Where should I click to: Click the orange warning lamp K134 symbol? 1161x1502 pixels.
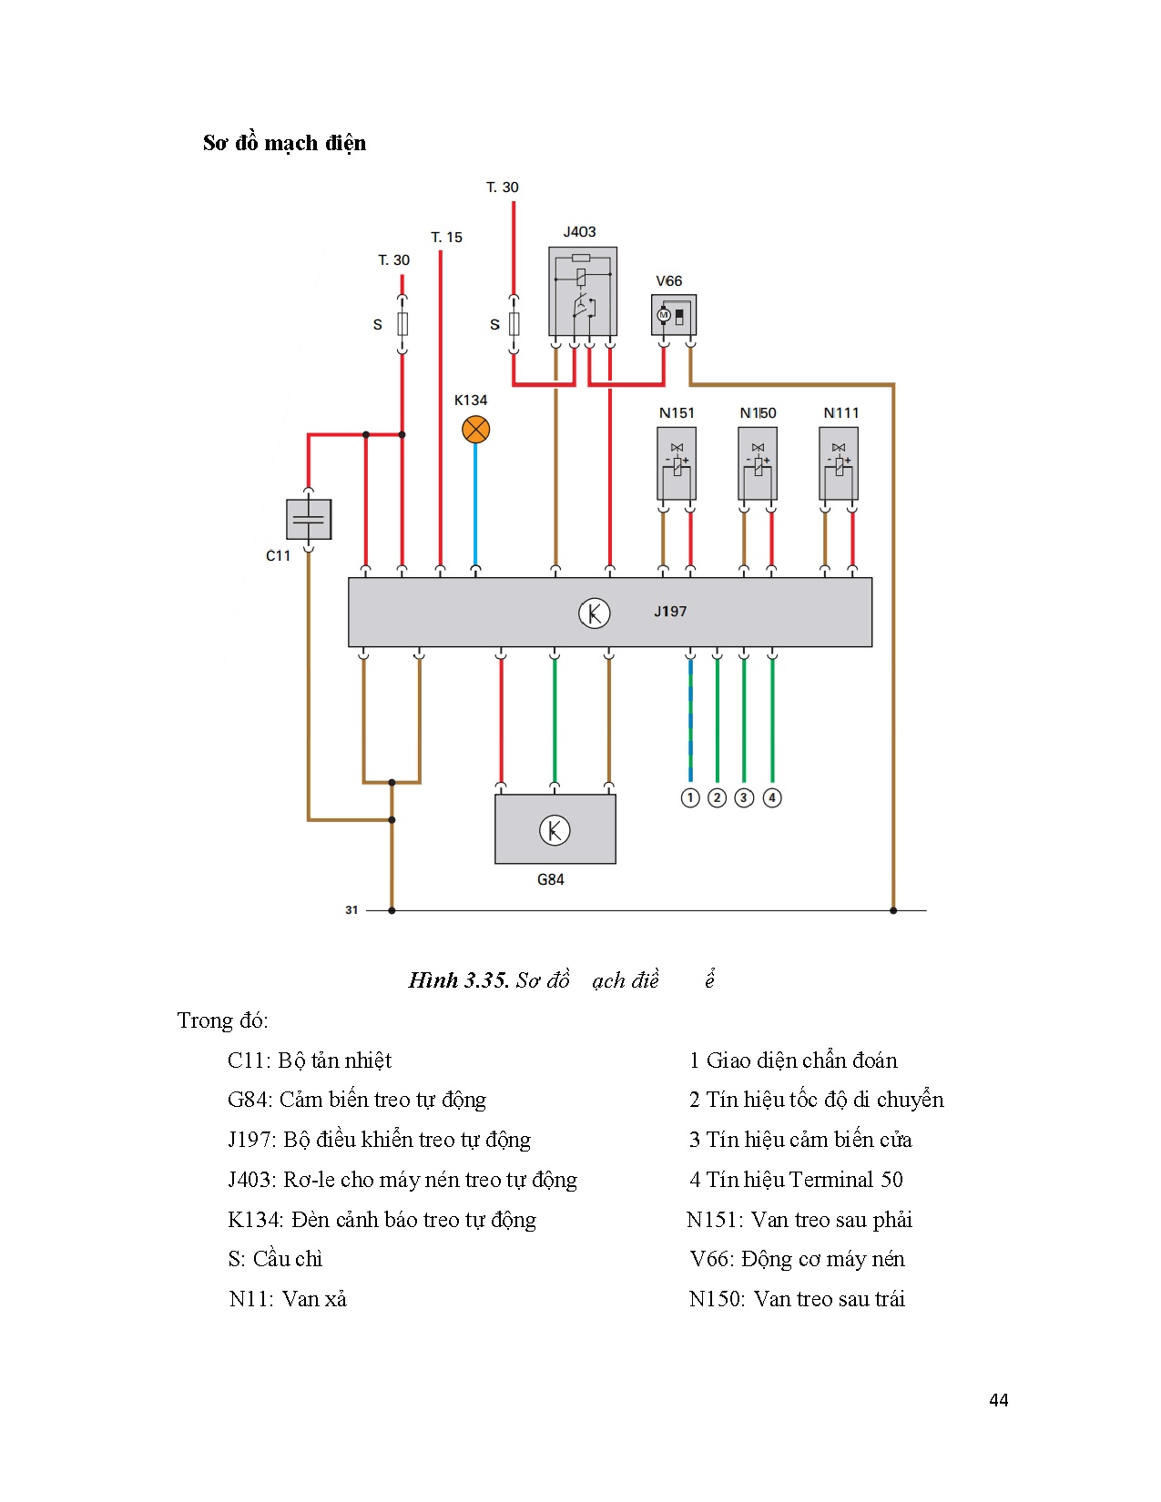475,430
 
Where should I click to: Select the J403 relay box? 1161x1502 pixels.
583,291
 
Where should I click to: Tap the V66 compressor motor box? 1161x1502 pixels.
674,315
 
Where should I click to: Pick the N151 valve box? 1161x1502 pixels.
677,463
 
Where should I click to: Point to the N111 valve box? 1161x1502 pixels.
839,463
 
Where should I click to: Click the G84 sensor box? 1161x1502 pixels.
555,829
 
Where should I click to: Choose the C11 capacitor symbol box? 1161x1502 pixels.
309,519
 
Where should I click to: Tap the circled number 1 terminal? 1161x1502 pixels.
690,798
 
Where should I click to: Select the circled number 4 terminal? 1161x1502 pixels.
772,798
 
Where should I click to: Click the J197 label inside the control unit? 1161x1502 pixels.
670,612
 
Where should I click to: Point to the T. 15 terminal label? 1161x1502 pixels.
446,238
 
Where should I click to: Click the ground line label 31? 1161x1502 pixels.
351,910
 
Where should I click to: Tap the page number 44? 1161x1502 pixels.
998,1400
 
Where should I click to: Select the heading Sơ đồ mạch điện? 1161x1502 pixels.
284,143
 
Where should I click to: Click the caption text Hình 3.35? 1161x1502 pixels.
458,980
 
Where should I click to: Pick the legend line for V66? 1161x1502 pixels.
797,1259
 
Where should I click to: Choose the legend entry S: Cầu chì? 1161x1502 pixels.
275,1259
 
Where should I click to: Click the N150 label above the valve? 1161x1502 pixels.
758,413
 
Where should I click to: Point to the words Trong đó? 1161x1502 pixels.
222,1020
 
